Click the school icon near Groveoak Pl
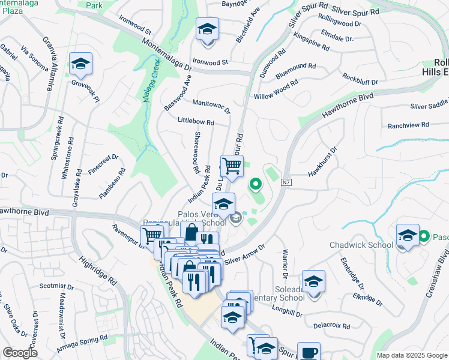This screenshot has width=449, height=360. point(80,65)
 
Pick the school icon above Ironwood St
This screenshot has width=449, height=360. point(207,29)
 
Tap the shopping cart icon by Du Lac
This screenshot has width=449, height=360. point(232,166)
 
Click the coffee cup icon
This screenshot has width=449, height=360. point(309,353)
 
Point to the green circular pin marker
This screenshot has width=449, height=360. point(255,184)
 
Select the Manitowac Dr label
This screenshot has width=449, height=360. point(211,106)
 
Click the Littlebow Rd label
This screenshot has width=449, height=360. point(196,121)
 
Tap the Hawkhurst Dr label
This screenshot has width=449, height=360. point(323,162)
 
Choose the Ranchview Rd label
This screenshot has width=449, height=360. point(408,125)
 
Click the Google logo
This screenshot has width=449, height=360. point(20,353)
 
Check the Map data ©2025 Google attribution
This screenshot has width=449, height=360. point(412,355)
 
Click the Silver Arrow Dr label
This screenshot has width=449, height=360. point(244,255)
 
